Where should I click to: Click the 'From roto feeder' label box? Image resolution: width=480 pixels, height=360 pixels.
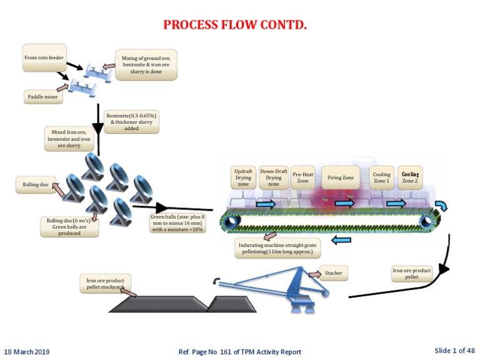[x=44, y=57]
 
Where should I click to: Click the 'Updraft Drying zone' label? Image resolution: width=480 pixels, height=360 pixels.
[x=243, y=177]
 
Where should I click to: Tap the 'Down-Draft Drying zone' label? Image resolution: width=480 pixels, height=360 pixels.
[x=274, y=177]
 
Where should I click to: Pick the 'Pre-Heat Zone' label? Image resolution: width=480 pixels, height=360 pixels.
[x=303, y=177]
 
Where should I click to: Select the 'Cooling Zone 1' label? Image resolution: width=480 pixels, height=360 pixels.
[x=381, y=178]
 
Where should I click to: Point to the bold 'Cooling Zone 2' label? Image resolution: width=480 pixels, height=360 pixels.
[x=411, y=177]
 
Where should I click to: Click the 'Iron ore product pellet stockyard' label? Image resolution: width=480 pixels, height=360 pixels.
[x=104, y=282]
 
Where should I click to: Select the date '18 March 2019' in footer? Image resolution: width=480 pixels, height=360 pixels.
[x=27, y=352]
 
